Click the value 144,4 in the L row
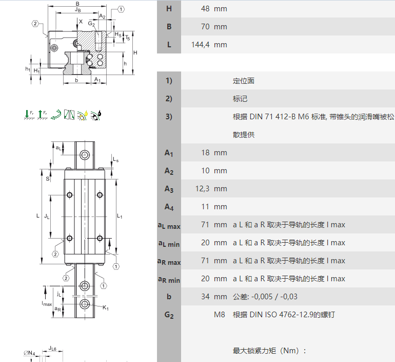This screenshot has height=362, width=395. [x=200, y=45]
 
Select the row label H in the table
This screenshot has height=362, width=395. [x=169, y=9]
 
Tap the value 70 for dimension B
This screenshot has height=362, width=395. [x=205, y=27]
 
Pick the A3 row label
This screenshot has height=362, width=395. [x=169, y=189]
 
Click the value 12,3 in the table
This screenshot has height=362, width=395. [x=202, y=189]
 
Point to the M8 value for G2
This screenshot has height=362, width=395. [x=220, y=315]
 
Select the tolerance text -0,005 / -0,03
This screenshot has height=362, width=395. [x=274, y=296]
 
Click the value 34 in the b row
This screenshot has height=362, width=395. [x=205, y=296]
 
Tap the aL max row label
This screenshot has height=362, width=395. [x=169, y=225]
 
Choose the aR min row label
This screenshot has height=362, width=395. [x=169, y=279]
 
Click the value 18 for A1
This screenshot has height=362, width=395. [x=205, y=153]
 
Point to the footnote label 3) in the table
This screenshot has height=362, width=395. [x=169, y=117]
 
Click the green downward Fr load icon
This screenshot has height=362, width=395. [x=29, y=115]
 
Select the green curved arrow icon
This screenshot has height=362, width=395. [x=56, y=115]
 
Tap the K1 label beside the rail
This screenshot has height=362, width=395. [x=106, y=307]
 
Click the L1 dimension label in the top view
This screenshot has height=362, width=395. [x=120, y=216]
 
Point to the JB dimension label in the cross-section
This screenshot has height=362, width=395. [x=77, y=10]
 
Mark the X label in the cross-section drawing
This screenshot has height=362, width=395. [x=81, y=22]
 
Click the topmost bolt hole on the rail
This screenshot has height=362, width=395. [x=85, y=154]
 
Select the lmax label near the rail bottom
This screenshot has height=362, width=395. [x=47, y=304]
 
